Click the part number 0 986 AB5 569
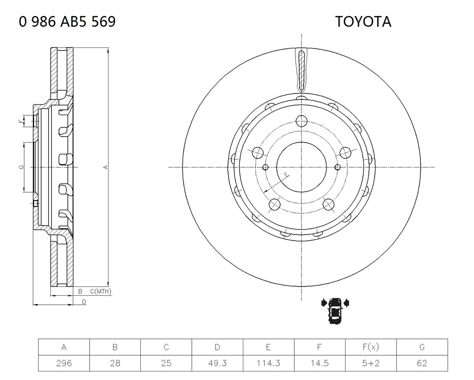(x=67, y=22)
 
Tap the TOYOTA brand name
(x=363, y=22)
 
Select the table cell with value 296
(x=64, y=363)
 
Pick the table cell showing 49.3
(x=217, y=363)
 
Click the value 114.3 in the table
(x=268, y=363)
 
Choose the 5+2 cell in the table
(x=371, y=363)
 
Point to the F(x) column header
(x=371, y=347)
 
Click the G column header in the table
(x=422, y=347)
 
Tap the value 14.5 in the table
(x=320, y=363)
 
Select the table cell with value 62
(x=422, y=363)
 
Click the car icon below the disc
(x=335, y=311)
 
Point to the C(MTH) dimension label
(x=101, y=291)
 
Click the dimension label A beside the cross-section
(x=106, y=167)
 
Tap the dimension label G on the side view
(x=21, y=167)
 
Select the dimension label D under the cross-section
(x=84, y=302)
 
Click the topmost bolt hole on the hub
(x=301, y=121)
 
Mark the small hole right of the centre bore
(x=337, y=167)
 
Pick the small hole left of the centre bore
(x=266, y=167)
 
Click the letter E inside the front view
(x=286, y=174)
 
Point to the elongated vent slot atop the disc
(x=301, y=71)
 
